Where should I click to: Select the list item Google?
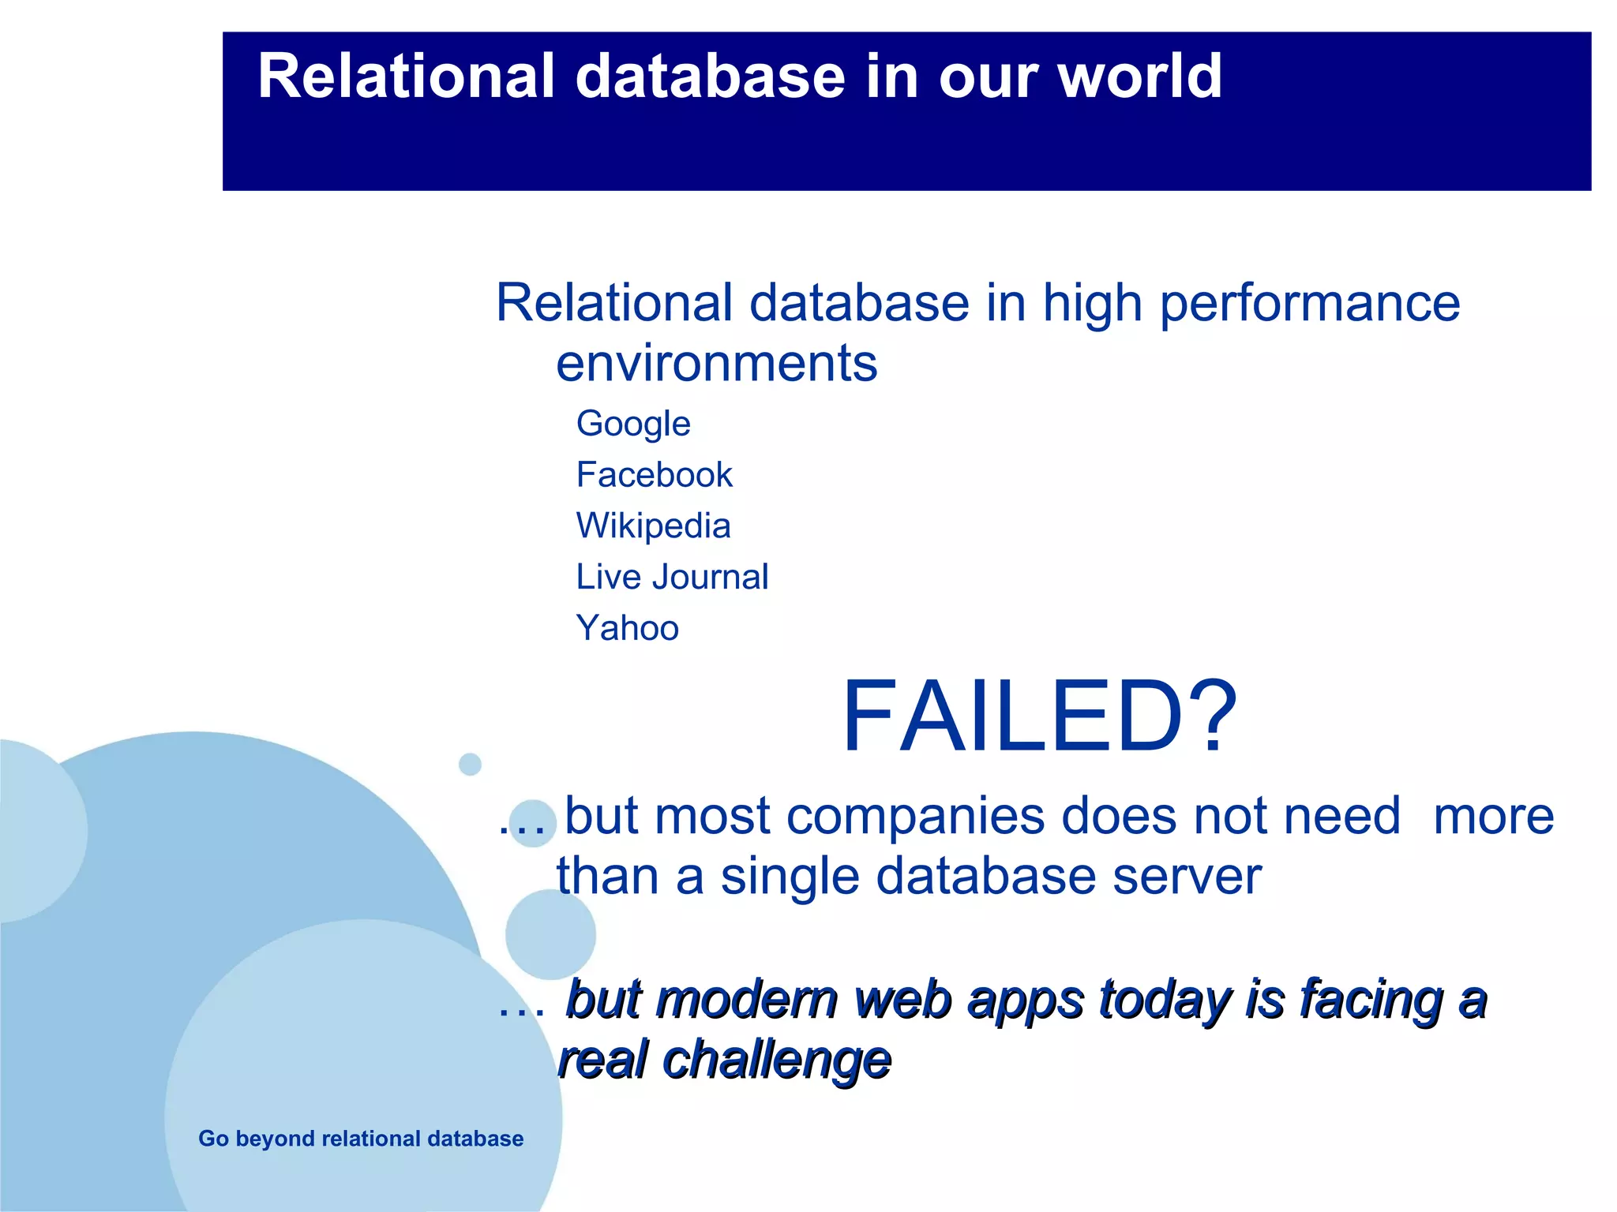tap(633, 425)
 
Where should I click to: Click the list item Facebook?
tap(654, 475)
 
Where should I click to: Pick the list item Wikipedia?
tap(653, 526)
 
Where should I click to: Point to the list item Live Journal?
tap(672, 577)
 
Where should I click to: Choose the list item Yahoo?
tap(627, 628)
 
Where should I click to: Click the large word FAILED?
tap(1039, 716)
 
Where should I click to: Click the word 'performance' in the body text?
tap(1309, 303)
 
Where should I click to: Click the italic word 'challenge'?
tap(777, 1060)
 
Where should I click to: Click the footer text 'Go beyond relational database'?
tap(361, 1139)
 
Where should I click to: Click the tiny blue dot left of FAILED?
tap(470, 764)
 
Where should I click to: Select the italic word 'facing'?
tap(1371, 1000)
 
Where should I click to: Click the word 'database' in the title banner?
tap(710, 77)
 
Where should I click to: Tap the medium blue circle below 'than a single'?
tap(550, 934)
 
